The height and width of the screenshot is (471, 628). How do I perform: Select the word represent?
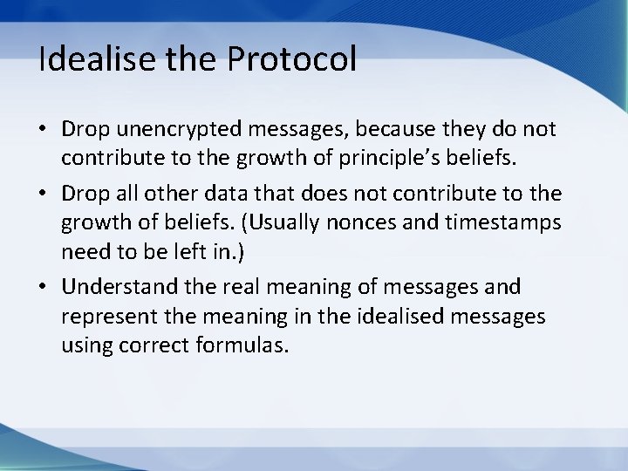101,315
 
